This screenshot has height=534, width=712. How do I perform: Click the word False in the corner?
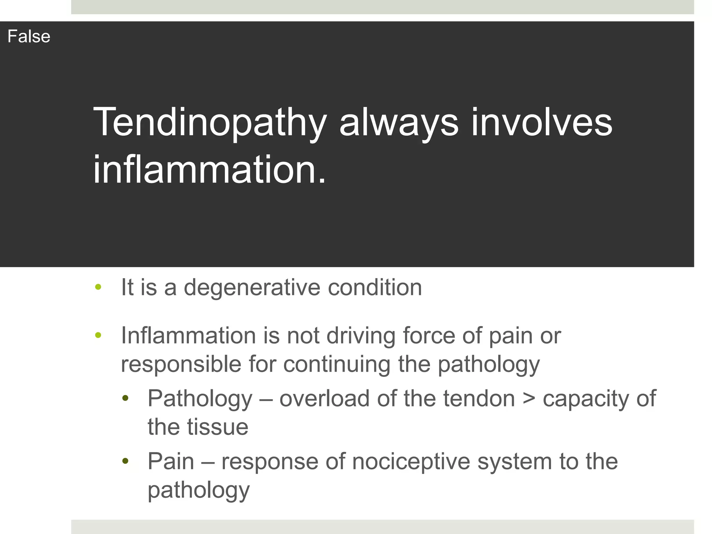pos(29,37)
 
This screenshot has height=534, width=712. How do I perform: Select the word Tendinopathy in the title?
pos(210,122)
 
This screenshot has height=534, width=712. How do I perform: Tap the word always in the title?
pos(399,122)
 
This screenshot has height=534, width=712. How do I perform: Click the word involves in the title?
pos(542,122)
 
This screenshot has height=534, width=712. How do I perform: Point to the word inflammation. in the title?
pos(210,170)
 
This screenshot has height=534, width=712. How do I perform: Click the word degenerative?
pos(252,288)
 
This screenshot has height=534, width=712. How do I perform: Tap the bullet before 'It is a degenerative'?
pos(98,287)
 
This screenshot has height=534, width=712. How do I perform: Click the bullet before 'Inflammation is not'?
pos(98,335)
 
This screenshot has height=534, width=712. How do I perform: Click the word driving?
pos(361,336)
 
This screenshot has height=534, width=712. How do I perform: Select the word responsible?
pos(181,364)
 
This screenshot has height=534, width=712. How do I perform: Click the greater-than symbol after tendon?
pos(528,398)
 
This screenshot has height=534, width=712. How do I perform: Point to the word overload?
pos(324,398)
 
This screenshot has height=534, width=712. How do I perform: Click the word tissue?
pos(218,427)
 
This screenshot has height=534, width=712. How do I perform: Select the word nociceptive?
pos(411,462)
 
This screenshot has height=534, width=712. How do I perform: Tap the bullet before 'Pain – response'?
pos(126,461)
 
